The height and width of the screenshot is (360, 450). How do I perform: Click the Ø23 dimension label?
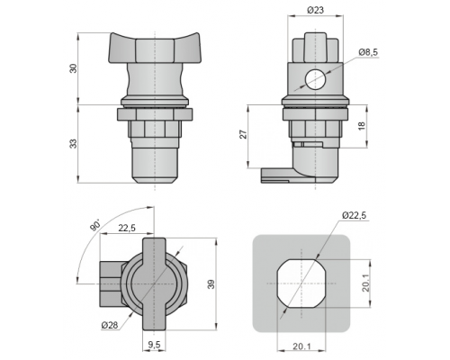click(x=315, y=10)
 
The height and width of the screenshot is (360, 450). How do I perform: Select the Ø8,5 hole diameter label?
click(x=368, y=52)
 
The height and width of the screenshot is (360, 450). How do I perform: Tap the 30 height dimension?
click(x=74, y=68)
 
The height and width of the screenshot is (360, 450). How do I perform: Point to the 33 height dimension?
click(x=74, y=143)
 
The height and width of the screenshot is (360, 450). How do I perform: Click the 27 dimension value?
click(x=245, y=134)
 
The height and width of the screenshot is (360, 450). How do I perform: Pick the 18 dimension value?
click(x=362, y=125)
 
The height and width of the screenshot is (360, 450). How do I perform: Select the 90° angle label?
click(x=95, y=225)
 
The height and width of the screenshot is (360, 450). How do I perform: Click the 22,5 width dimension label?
click(x=127, y=229)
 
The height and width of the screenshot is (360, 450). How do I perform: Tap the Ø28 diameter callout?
click(x=110, y=325)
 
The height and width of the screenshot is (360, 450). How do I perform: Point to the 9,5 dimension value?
click(x=154, y=346)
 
